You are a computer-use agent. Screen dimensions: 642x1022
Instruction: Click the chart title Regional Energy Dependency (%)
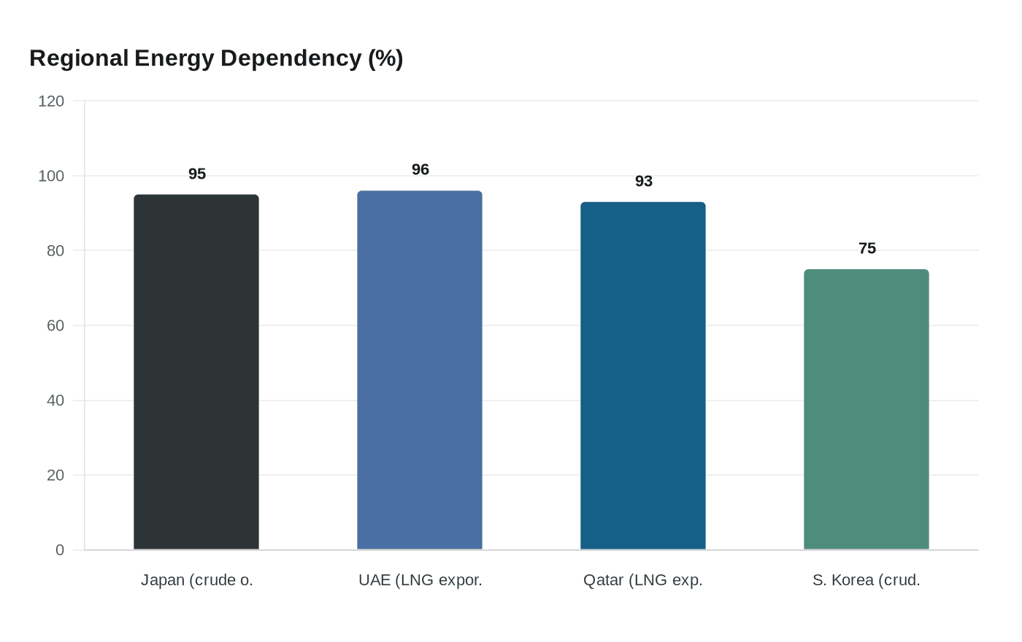216,58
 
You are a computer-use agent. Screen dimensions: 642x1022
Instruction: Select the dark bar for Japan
196,372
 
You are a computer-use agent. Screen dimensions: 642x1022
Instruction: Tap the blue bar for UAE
420,370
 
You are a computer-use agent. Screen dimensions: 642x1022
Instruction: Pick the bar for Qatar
643,376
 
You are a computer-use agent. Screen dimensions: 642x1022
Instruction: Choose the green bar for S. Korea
867,409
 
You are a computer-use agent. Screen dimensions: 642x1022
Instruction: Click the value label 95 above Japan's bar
197,174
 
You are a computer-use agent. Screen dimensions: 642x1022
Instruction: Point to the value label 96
420,170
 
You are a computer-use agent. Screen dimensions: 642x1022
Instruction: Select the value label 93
644,182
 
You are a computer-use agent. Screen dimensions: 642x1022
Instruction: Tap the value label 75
867,249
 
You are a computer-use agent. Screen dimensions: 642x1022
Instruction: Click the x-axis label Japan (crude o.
197,581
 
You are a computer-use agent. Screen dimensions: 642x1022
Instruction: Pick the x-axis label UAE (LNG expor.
420,581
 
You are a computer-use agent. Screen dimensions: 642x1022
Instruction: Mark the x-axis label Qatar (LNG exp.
643,581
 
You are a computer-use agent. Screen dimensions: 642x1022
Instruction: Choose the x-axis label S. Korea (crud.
867,581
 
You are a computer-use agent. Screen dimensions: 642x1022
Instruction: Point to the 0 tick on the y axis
60,550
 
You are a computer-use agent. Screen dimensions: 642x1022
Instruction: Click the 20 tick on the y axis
55,476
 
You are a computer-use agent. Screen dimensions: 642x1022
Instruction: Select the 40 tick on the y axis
55,401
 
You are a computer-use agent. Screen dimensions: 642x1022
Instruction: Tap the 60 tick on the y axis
55,326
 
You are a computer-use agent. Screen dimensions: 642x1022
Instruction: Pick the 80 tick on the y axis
55,251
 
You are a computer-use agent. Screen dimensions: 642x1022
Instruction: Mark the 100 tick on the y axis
51,177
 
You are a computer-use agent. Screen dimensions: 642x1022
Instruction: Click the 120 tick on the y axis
51,101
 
